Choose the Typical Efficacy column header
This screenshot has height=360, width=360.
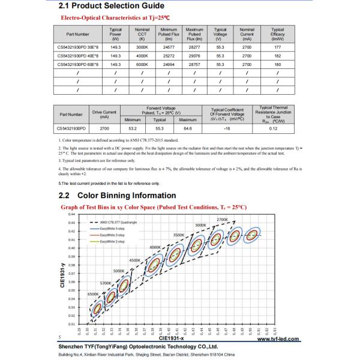(x=277, y=33)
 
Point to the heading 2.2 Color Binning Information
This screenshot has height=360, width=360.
(x=117, y=196)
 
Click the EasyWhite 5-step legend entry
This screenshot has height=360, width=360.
(x=111, y=229)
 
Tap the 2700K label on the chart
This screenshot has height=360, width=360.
(x=223, y=220)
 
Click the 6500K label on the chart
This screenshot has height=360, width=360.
(x=93, y=295)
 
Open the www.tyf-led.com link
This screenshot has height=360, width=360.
(x=278, y=340)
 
